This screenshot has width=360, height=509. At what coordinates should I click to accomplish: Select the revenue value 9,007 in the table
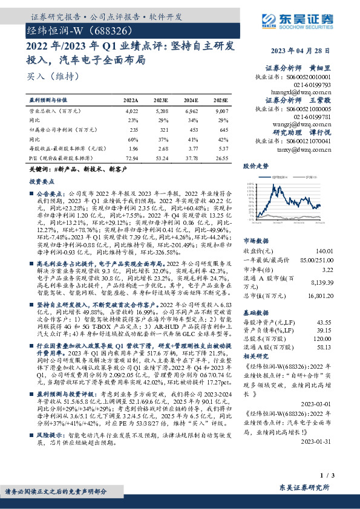pos(221,111)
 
